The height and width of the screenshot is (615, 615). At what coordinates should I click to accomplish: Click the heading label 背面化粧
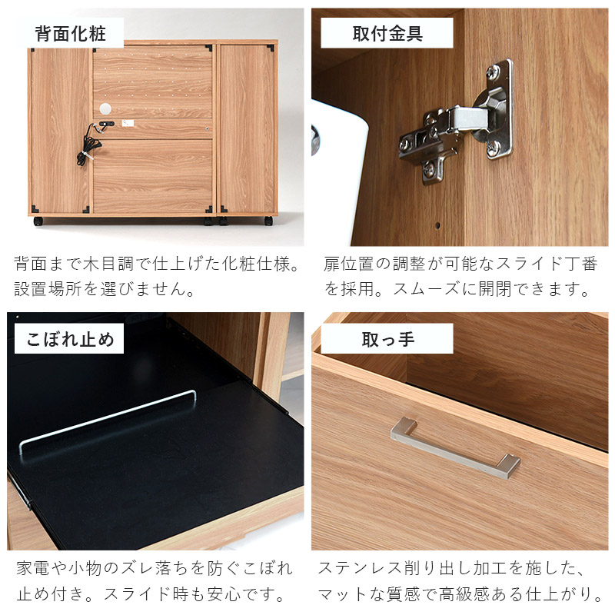click(71, 34)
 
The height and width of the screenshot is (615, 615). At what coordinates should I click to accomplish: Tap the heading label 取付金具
click(387, 34)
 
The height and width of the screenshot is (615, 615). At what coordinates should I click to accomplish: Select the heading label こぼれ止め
click(70, 339)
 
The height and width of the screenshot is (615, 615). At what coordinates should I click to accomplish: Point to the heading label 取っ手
click(388, 340)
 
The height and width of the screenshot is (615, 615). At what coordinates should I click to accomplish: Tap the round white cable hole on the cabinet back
click(105, 108)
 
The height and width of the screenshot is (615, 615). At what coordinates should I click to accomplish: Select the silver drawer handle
click(455, 448)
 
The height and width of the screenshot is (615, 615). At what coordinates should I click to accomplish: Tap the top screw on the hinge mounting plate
click(492, 71)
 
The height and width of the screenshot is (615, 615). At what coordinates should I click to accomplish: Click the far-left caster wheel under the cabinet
click(38, 221)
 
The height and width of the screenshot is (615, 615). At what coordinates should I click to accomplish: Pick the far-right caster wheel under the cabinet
click(268, 221)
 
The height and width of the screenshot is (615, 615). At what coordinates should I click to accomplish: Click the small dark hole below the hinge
click(437, 225)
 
